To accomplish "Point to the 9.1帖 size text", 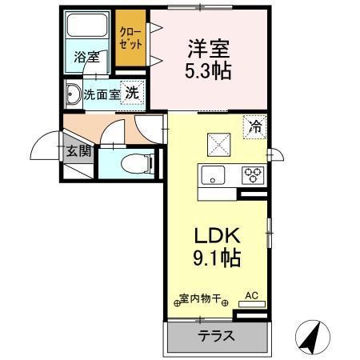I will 216,259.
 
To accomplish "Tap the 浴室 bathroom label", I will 86,58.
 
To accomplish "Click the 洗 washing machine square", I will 131,93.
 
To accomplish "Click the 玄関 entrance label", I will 78,150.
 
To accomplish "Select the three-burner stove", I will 253,174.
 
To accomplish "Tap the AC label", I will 251,296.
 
